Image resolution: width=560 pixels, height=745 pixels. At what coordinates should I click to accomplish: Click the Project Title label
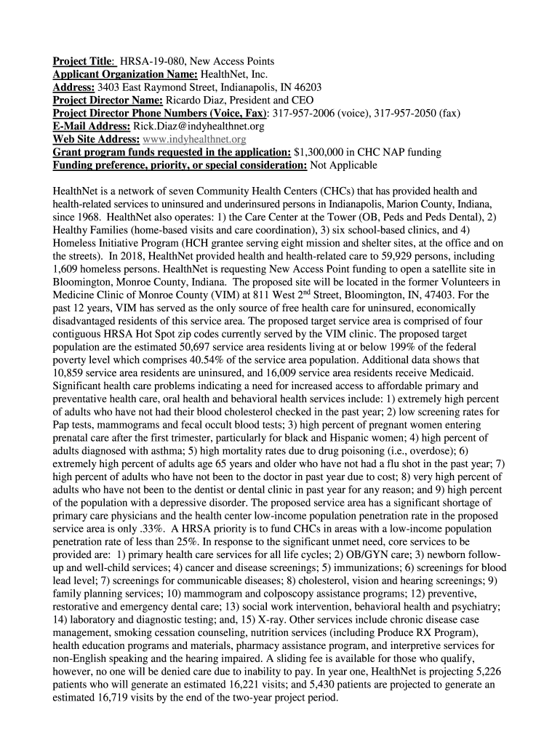tap(82, 61)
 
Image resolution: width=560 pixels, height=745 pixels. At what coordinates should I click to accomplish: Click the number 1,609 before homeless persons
tap(69, 269)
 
